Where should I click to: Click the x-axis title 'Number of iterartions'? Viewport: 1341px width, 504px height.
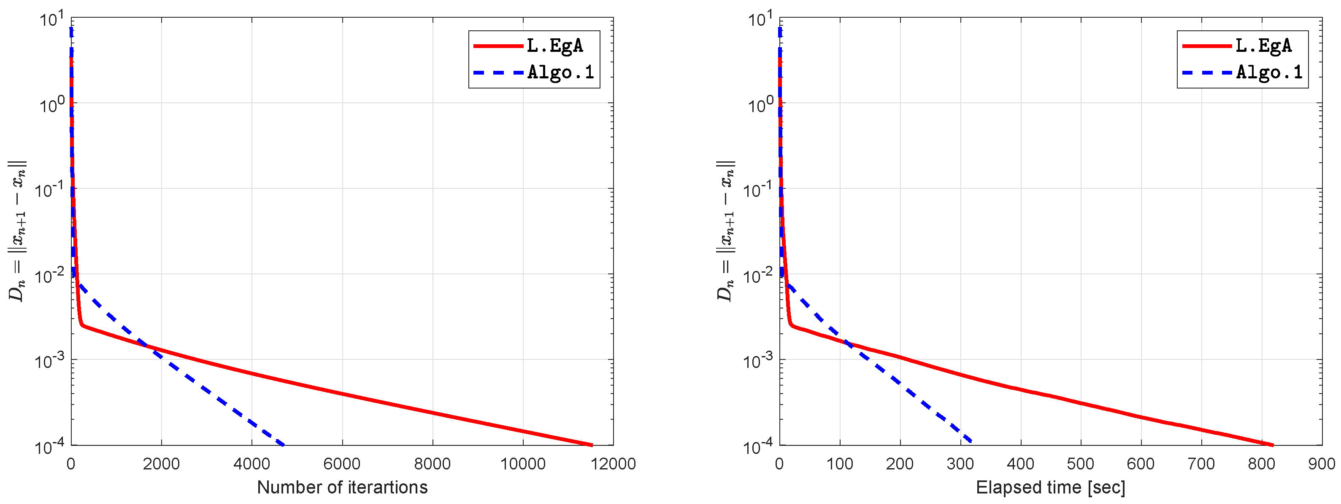[342, 488]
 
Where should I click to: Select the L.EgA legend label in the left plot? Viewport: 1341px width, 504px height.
[554, 46]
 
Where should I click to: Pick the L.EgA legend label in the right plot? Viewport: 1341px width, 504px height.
[1263, 46]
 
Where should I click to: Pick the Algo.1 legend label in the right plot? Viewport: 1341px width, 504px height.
[1269, 72]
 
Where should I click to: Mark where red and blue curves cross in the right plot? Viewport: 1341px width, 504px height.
[847, 344]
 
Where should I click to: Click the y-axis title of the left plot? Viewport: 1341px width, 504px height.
[17, 231]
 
